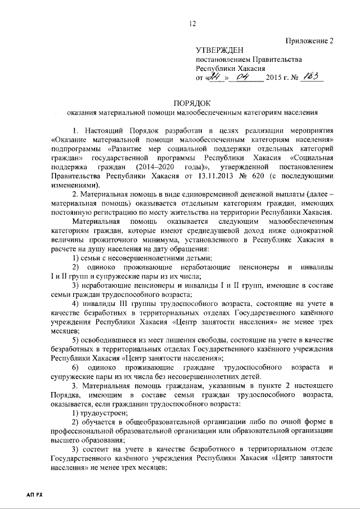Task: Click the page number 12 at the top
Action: point(192,23)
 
